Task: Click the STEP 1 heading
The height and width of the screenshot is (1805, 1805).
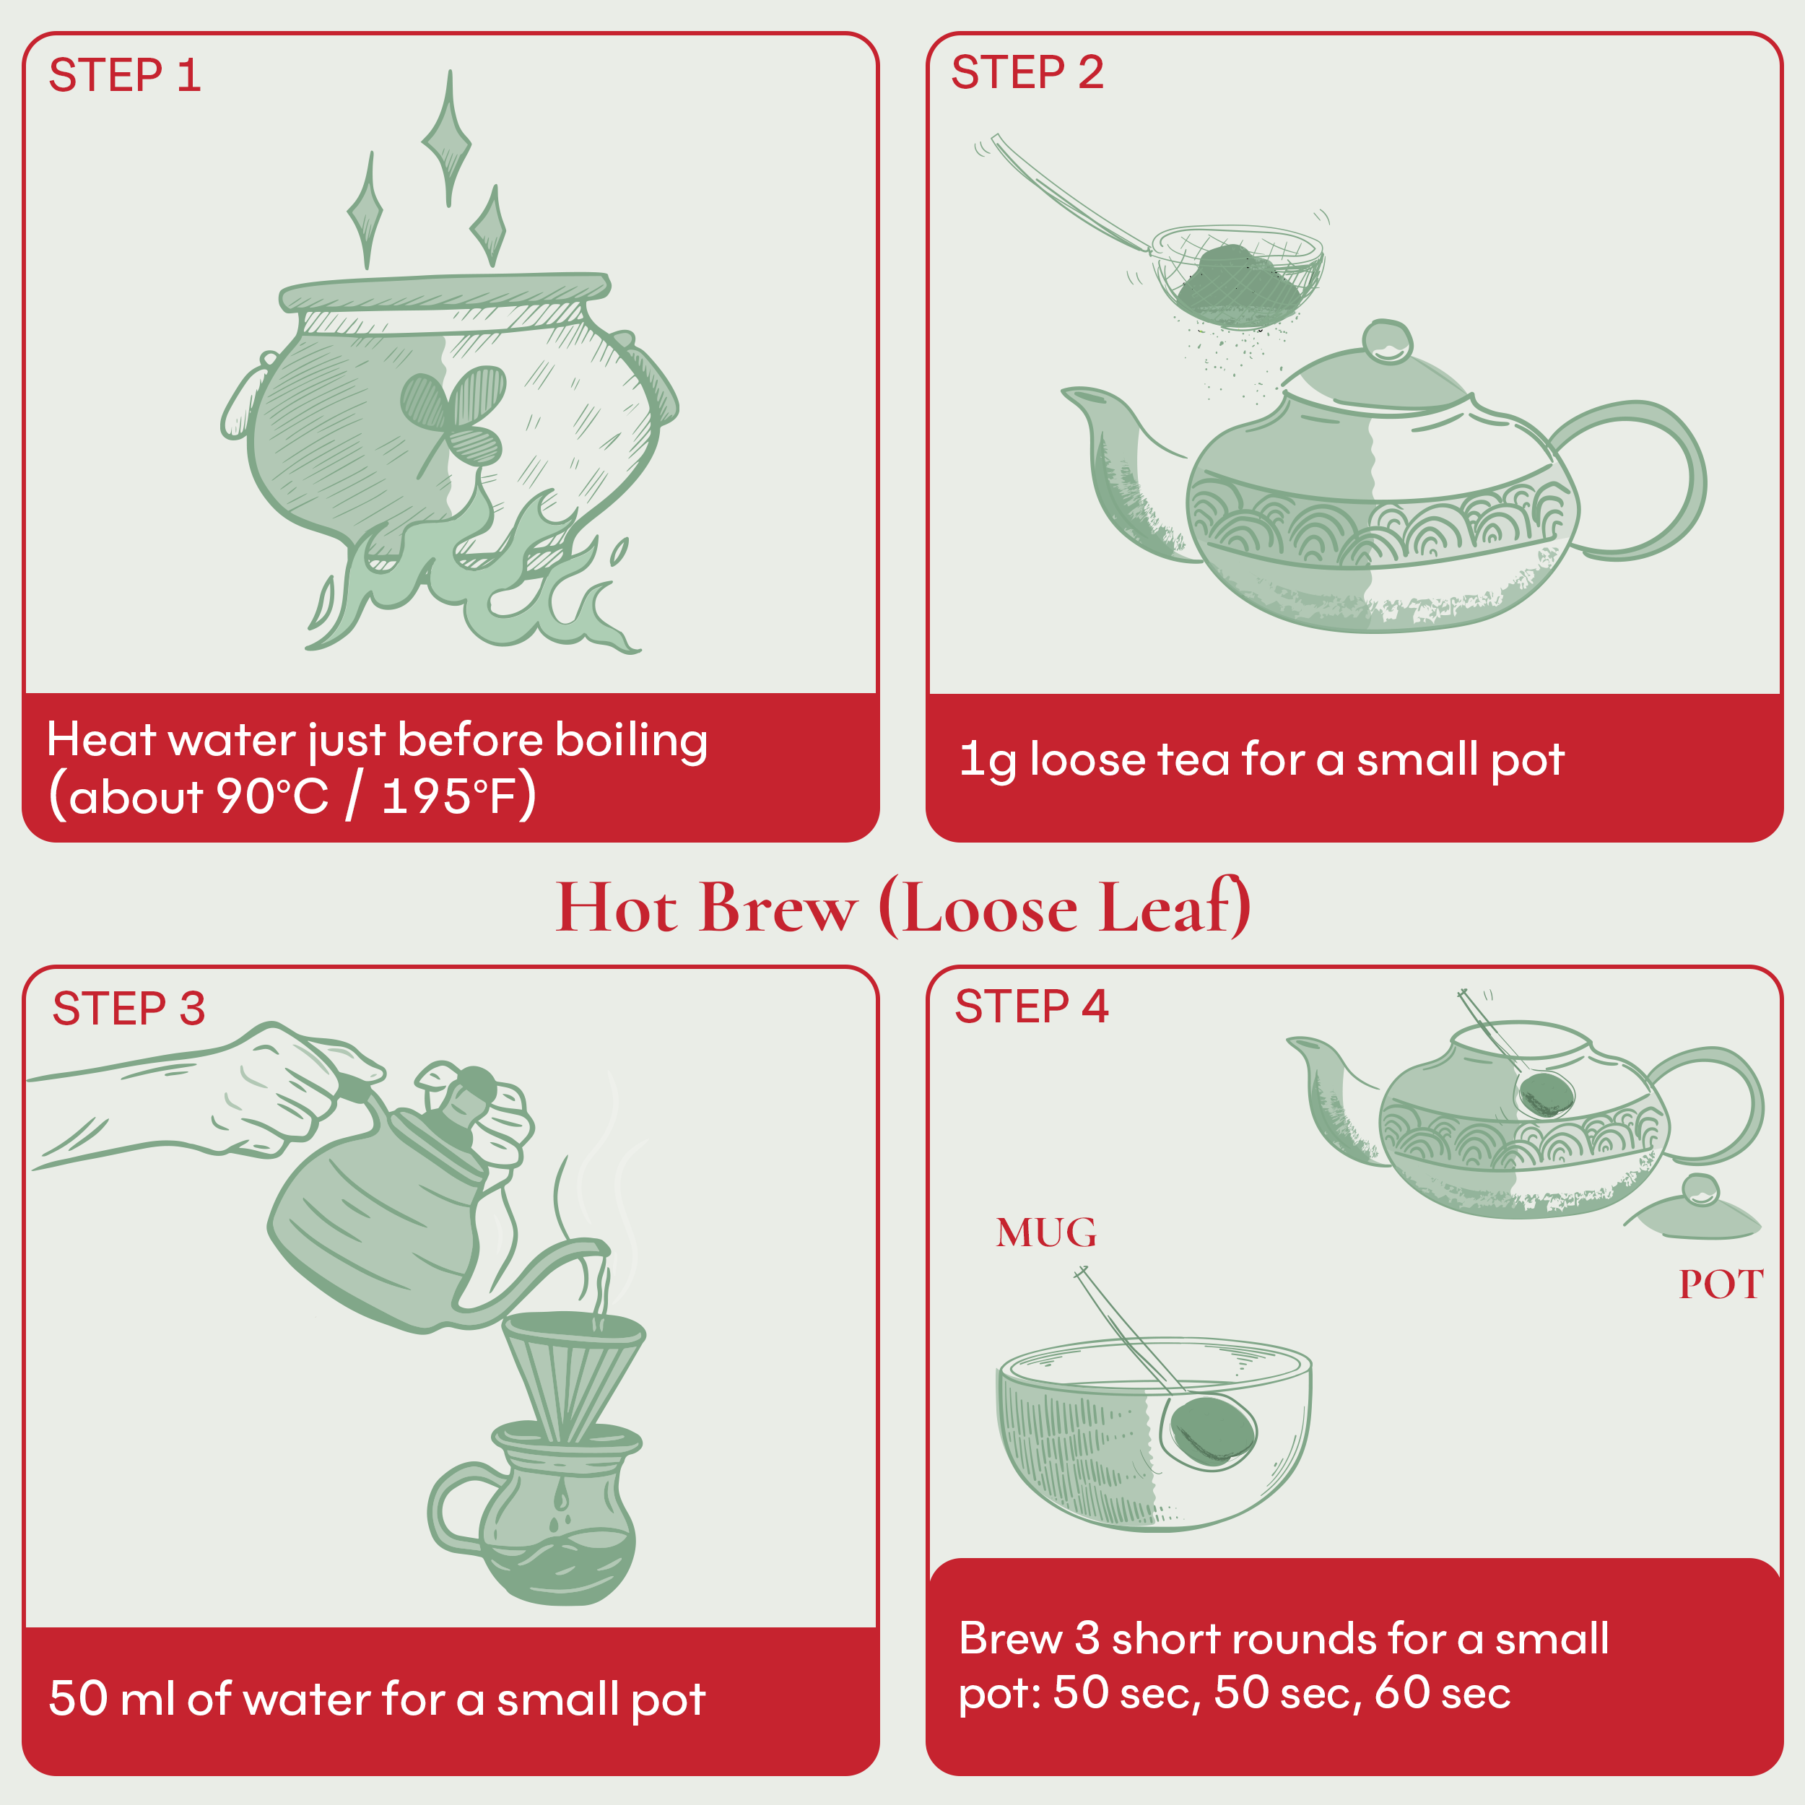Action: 124,76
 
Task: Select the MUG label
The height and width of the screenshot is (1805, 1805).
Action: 1045,1232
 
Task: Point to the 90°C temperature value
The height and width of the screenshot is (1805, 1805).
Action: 272,797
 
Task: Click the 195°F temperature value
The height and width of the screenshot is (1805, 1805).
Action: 449,797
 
